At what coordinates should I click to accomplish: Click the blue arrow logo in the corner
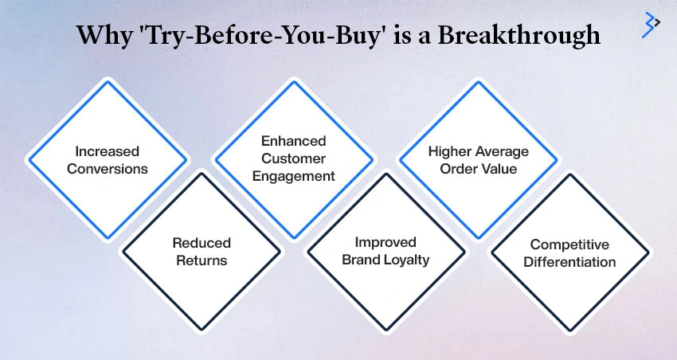click(x=651, y=25)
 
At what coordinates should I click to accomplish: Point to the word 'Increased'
click(x=107, y=151)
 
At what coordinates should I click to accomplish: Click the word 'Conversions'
click(x=107, y=169)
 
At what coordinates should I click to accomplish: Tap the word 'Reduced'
click(x=202, y=243)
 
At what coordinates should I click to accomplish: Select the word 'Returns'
click(x=202, y=260)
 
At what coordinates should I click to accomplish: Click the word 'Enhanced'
click(x=294, y=141)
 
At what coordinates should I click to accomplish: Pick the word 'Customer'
click(x=294, y=158)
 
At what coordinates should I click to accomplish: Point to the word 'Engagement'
click(x=294, y=176)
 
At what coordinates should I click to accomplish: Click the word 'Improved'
click(x=385, y=243)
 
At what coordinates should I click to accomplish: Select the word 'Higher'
click(x=448, y=151)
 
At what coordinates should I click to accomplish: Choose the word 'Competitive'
click(x=569, y=245)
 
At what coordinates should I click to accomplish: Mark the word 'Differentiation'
click(x=569, y=262)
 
